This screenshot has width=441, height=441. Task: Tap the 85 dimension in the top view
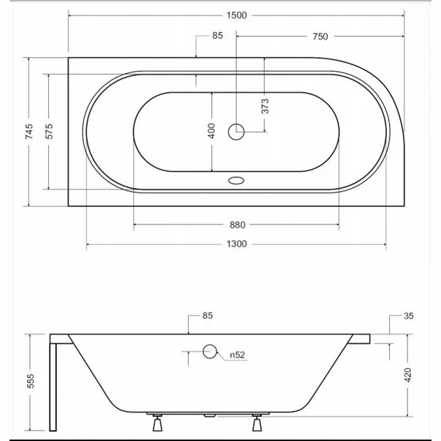(x=217, y=37)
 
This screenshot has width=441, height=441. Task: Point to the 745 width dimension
(x=29, y=132)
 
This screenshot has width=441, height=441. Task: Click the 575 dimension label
(x=49, y=132)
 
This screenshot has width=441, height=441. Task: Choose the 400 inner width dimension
(x=211, y=132)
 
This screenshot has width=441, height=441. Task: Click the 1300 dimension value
(x=236, y=244)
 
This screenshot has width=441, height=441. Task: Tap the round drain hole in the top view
(x=236, y=132)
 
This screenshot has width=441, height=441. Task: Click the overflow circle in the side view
(x=210, y=353)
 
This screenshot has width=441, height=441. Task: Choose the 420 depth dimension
(x=409, y=375)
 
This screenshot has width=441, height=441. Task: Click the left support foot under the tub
(x=157, y=423)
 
